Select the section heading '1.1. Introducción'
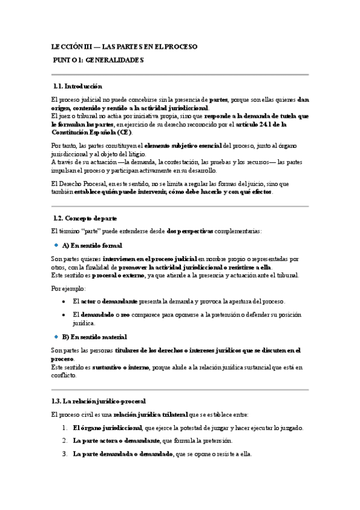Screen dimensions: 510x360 coord(78,87)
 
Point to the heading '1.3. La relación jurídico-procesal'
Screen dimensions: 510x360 coord(99,401)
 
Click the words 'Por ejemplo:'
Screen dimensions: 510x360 coord(69,289)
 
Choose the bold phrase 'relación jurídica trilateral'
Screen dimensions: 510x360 coord(150,415)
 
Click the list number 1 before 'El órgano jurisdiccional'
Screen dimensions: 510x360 coord(64,428)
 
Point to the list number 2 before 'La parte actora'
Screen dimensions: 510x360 coord(64,441)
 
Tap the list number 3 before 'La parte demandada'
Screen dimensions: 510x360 coord(64,454)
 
